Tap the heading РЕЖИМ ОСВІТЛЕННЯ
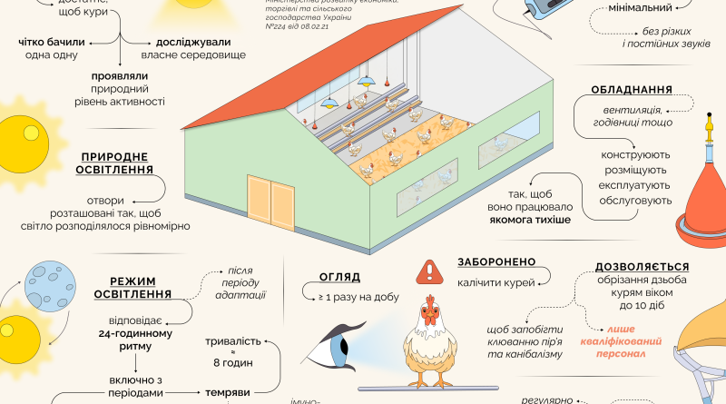[x=140, y=287]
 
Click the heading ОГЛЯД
[x=340, y=277]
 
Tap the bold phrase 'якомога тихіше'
[x=520, y=220]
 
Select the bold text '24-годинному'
[x=136, y=332]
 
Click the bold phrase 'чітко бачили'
[x=52, y=42]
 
